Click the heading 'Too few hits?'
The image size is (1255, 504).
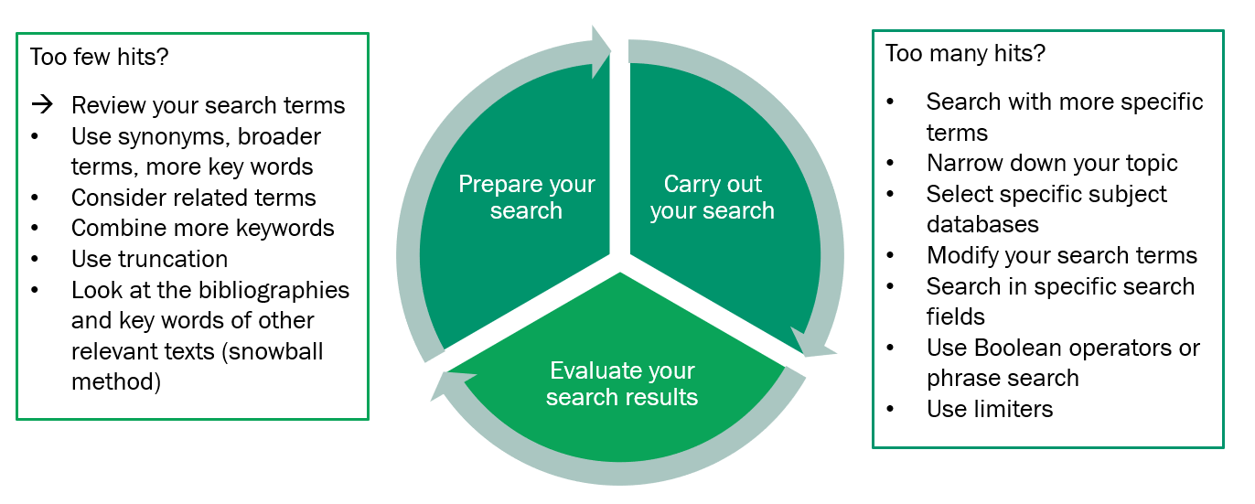tap(100, 57)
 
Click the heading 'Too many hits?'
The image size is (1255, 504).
tap(965, 53)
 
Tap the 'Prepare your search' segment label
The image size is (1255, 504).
tap(526, 197)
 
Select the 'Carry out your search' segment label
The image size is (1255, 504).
tap(712, 197)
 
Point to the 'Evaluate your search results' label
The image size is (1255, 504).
tap(622, 383)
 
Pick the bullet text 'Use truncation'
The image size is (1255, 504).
tap(149, 259)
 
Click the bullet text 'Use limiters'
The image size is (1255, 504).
tap(989, 409)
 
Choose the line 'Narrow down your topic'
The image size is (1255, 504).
tap(1052, 164)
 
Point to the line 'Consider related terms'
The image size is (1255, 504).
tap(193, 198)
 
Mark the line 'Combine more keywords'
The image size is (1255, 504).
tap(202, 228)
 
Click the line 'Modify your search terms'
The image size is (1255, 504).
tap(1061, 255)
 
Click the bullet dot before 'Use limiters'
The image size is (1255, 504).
tap(891, 409)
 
